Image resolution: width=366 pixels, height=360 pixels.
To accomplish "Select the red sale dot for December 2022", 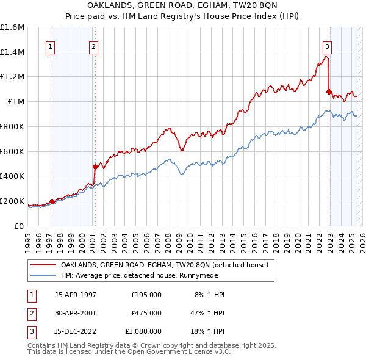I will pos(329,92).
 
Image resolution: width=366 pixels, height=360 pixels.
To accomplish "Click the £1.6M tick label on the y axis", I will pos(12,27).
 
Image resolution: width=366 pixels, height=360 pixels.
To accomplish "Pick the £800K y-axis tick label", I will pos(12,126).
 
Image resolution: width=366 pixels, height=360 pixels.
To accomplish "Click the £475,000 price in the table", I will pos(146,313).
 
